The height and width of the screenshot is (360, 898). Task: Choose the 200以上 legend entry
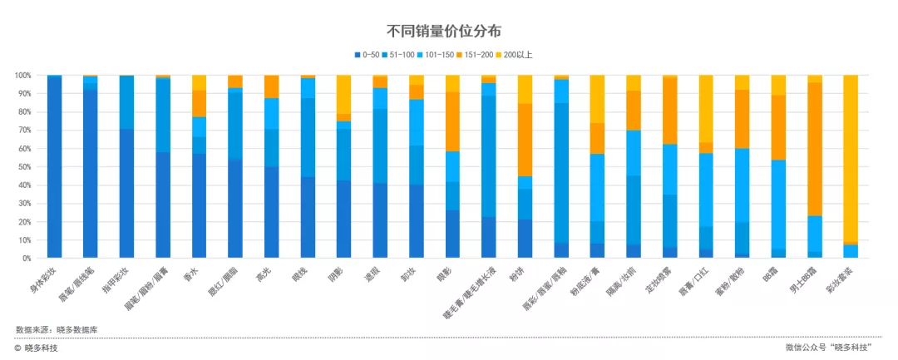point(517,55)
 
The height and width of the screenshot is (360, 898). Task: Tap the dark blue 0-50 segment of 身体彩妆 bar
point(54,167)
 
